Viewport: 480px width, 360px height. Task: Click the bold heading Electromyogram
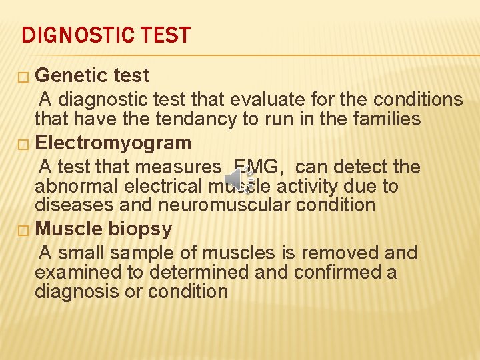click(x=113, y=143)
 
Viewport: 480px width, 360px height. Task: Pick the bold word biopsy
click(x=141, y=229)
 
